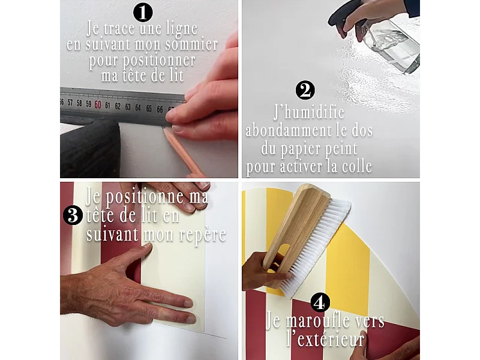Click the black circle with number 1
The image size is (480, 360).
(143, 13)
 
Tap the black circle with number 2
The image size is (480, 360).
(305, 91)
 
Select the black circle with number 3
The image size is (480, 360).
(73, 215)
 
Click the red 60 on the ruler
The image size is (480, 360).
(98, 104)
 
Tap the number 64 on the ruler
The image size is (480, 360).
(138, 108)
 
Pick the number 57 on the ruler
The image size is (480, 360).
(70, 103)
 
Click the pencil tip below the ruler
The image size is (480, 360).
(164, 130)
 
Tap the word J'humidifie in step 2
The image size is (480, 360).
(309, 112)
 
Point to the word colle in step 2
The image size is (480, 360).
(356, 167)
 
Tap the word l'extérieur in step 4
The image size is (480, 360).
(326, 339)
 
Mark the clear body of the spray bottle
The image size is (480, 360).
(391, 46)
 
